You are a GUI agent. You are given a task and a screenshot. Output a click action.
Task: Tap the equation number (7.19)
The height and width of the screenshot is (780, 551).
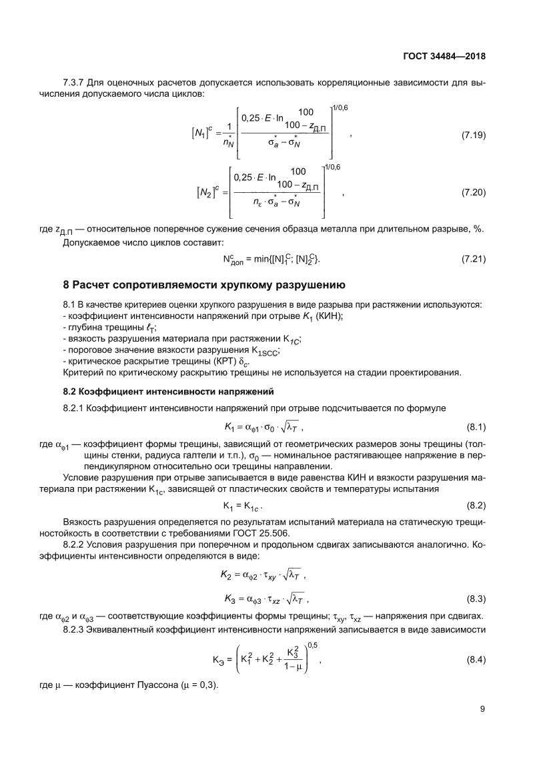tap(473, 136)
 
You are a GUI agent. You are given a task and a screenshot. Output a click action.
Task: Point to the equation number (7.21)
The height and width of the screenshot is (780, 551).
tap(473, 258)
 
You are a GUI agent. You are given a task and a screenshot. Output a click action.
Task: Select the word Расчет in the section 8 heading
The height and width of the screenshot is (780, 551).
tap(94, 286)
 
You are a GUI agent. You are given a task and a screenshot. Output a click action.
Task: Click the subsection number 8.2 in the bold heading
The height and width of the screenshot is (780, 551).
tap(70, 390)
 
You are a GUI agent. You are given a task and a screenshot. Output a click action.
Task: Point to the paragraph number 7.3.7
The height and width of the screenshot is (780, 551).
tap(73, 82)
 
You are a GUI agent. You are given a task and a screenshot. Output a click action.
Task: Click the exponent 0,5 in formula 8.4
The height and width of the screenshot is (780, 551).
tap(313, 643)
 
